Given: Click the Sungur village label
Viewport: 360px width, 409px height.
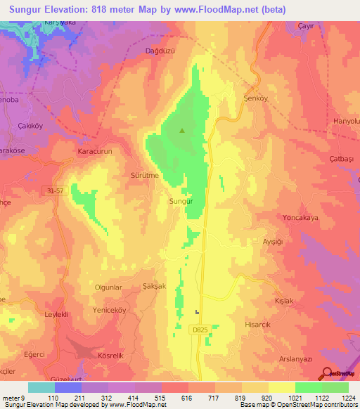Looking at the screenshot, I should (x=181, y=202).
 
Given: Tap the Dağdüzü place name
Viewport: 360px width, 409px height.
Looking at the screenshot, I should (x=160, y=51).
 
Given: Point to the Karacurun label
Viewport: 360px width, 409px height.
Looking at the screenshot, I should (x=95, y=151).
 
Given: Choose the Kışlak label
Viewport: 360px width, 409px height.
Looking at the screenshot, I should (x=303, y=300).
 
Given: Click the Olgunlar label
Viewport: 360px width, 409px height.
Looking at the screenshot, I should (x=108, y=287).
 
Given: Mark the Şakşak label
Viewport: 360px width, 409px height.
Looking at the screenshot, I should (x=153, y=286).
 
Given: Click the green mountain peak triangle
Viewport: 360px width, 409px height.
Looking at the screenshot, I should (x=183, y=130).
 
